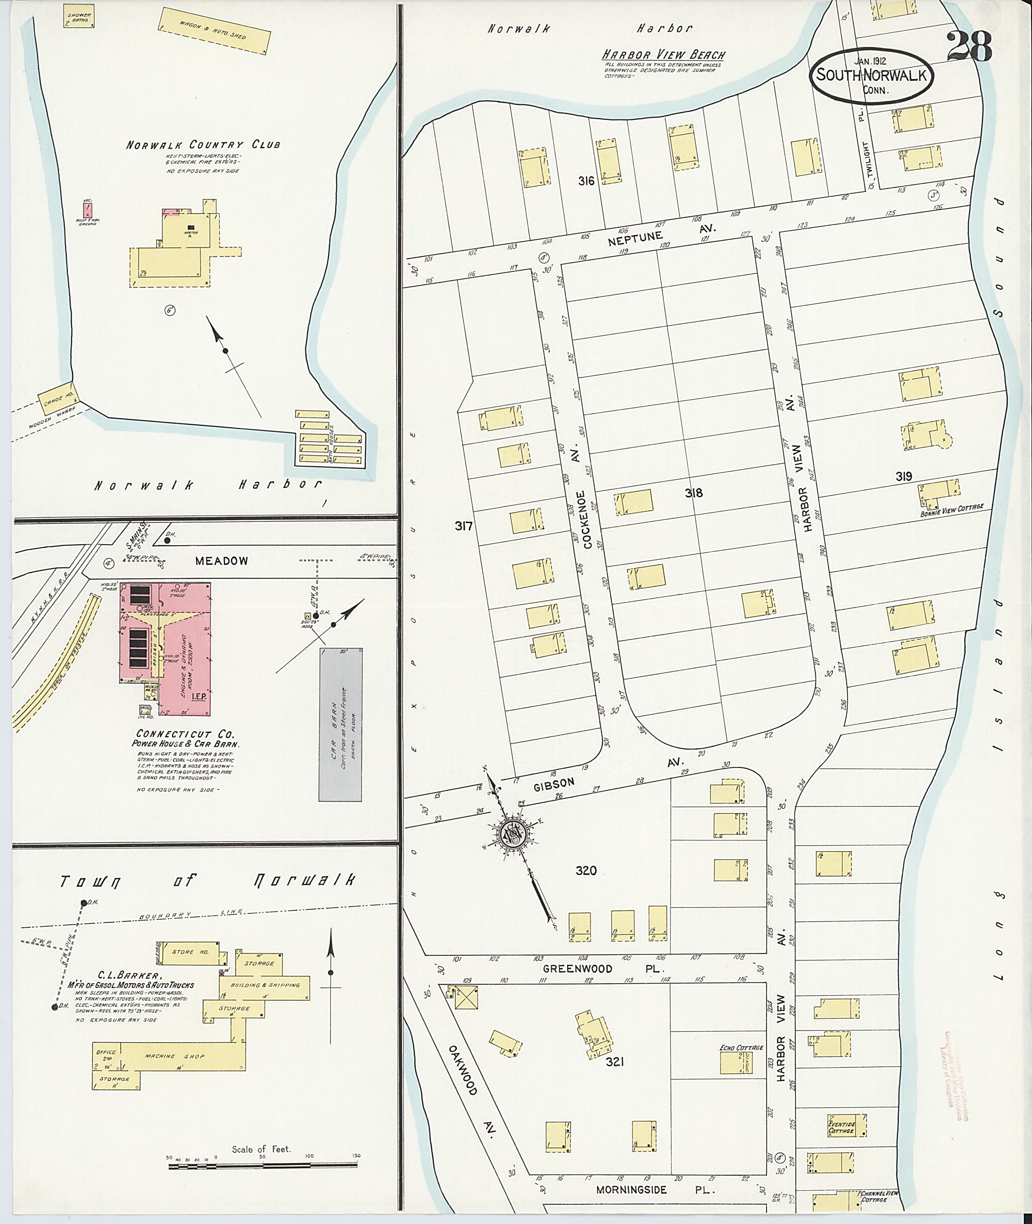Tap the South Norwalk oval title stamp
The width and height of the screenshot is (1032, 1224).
[871, 76]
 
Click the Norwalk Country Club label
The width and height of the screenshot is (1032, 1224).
[203, 145]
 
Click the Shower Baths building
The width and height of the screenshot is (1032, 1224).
[79, 17]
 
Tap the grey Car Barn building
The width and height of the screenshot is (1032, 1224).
[340, 724]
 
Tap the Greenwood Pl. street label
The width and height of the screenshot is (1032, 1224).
[577, 969]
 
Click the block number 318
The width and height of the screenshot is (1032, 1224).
[694, 493]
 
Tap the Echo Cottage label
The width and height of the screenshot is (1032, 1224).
[741, 1047]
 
